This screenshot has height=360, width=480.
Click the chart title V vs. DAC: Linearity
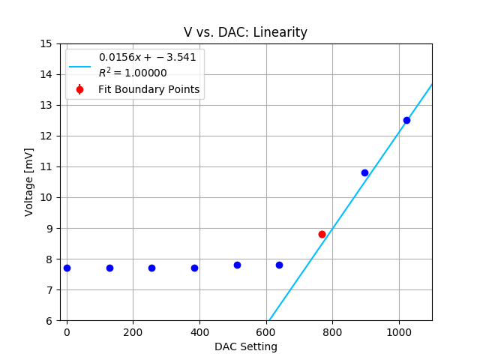pos(245,32)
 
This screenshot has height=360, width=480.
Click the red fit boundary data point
pos(322,234)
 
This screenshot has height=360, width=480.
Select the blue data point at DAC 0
pos(67,268)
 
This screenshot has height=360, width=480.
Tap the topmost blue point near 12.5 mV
pos(406,120)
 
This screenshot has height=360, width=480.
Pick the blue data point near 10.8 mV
pos(364,172)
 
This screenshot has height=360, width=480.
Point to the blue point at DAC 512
pos(237,265)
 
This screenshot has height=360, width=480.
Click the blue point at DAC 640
pos(279,265)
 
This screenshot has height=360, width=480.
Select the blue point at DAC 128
pos(109,268)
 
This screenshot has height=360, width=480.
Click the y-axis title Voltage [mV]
pos(29,182)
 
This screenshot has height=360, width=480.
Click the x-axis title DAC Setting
pos(245,346)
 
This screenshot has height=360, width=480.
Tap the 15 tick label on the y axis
pos(45,43)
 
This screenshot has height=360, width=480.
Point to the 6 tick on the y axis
pos(48,320)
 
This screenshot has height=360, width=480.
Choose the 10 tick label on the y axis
pos(45,197)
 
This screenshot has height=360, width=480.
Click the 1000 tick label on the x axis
pos(399,331)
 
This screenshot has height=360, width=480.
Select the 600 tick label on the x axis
pos(266,331)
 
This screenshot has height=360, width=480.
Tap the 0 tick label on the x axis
pos(67,331)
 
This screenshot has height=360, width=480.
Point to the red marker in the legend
pos(79,89)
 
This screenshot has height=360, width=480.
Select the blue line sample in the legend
pos(79,65)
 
